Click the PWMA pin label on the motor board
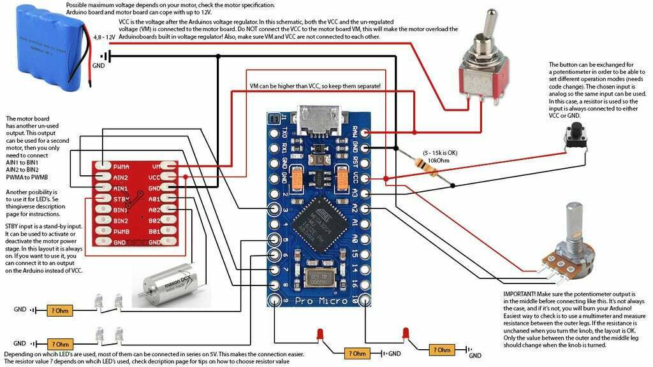click(x=122, y=166)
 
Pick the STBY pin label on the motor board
click(x=121, y=199)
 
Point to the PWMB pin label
click(x=122, y=232)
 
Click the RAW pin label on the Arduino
click(x=355, y=134)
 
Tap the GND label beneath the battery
click(x=99, y=66)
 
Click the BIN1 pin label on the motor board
click(x=121, y=210)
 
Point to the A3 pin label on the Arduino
click(x=355, y=192)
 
